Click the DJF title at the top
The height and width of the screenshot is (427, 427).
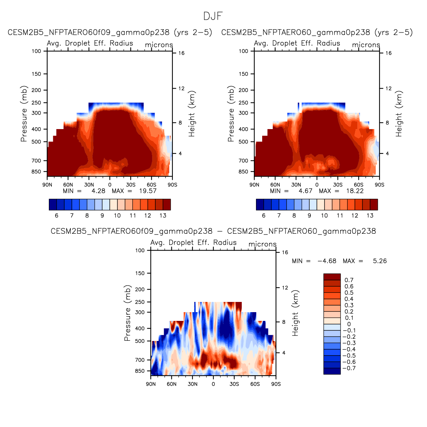point(213,16)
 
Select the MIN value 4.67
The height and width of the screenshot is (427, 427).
point(305,191)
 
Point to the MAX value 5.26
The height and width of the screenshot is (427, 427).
point(380,261)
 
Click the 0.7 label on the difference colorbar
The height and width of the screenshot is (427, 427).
point(349,280)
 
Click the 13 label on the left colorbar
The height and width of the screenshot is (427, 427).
point(163,216)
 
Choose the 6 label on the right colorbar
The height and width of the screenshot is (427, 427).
point(264,216)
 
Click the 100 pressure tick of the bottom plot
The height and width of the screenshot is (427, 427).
point(140,251)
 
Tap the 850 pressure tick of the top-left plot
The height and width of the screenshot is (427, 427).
point(37,172)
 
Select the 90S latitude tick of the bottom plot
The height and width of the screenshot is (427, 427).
point(276,384)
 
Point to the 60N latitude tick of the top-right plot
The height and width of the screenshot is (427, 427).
point(275,185)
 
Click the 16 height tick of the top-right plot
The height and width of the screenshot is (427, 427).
point(388,53)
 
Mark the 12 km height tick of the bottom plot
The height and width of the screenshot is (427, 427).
point(285,288)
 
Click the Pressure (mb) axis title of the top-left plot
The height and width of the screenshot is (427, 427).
point(24,114)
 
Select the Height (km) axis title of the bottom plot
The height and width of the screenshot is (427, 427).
point(295,313)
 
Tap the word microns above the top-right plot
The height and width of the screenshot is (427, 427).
point(366,45)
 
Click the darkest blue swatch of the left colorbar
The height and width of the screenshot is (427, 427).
point(53,205)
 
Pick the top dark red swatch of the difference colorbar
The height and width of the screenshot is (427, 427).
point(332,277)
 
